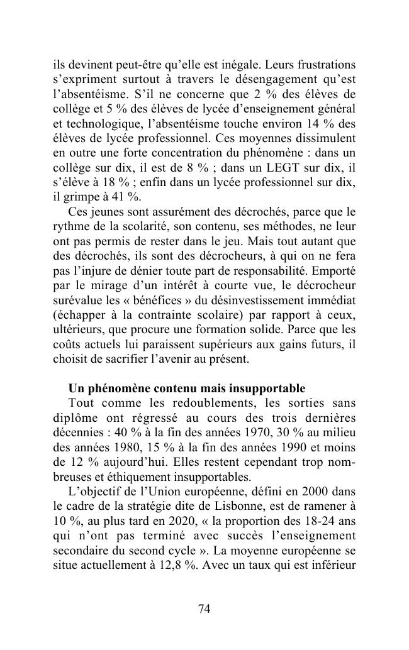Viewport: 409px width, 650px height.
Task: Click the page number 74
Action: (204, 608)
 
